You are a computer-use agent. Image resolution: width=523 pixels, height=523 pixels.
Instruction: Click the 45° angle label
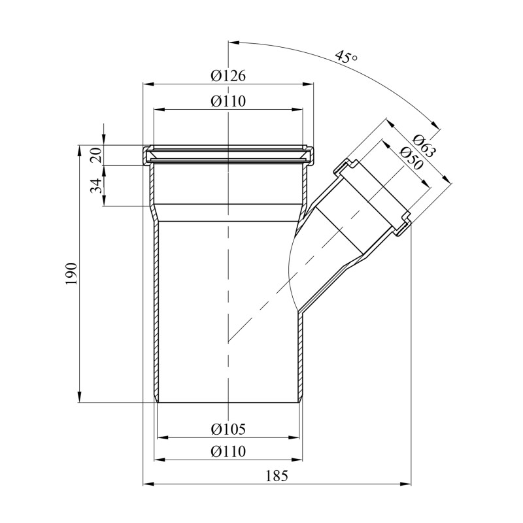point(346,57)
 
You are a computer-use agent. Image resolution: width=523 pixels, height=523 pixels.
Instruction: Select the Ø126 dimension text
point(228,76)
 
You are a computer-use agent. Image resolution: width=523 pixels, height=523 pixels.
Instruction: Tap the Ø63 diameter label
point(424,146)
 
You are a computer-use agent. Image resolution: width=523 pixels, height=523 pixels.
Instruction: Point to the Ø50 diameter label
point(411,158)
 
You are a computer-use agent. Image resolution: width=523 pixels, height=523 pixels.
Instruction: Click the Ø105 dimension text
point(228,429)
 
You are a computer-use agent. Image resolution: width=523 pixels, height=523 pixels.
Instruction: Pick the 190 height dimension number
point(71,273)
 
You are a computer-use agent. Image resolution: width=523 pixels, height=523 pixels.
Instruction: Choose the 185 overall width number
point(277,476)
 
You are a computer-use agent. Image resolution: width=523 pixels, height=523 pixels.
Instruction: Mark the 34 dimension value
point(96,186)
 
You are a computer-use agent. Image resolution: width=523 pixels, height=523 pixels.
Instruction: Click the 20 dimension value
point(96,155)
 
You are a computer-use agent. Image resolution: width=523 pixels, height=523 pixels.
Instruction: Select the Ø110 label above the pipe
point(228,101)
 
